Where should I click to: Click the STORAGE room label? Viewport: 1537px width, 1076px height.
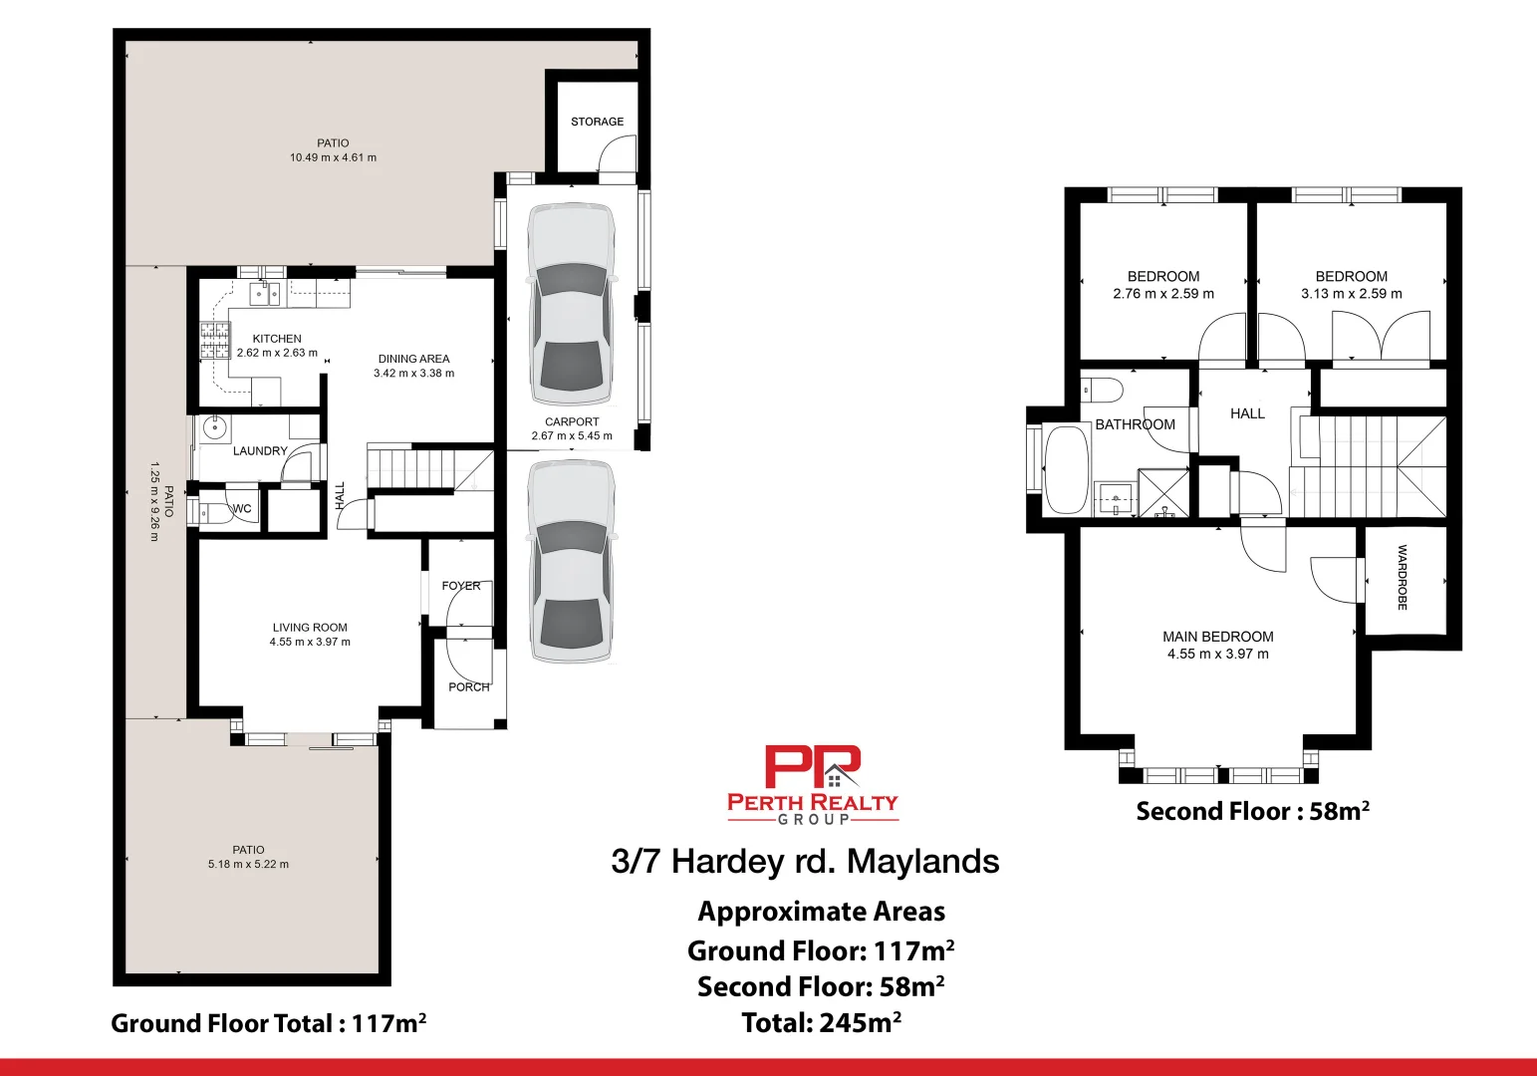click(597, 122)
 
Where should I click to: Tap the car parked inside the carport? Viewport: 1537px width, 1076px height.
click(570, 304)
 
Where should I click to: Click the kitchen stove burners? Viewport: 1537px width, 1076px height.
click(214, 340)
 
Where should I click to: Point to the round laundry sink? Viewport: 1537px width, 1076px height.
click(215, 428)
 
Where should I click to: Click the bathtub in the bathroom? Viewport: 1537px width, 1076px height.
click(1066, 469)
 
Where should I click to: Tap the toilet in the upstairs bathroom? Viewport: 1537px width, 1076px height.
click(1102, 388)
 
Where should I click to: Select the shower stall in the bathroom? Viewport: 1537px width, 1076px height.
click(1164, 492)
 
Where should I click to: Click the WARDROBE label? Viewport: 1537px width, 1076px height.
click(1403, 578)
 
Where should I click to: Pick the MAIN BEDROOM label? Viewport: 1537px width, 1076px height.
click(1217, 637)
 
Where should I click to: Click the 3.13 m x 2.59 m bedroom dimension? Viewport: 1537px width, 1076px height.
click(1351, 294)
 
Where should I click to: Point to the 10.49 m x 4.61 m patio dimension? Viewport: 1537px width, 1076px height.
click(333, 157)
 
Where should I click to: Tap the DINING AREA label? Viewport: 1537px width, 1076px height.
click(413, 359)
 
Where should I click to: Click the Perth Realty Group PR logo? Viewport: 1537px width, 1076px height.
click(813, 768)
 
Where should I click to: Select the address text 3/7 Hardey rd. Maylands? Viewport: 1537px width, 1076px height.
click(805, 861)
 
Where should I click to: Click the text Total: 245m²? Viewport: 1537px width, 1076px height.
click(821, 1022)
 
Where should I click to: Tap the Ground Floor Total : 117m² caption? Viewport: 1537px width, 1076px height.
click(269, 1023)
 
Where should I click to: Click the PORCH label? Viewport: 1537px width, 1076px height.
click(468, 686)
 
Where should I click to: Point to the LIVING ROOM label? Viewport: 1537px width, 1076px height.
click(310, 628)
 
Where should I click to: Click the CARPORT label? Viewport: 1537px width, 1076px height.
click(572, 421)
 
